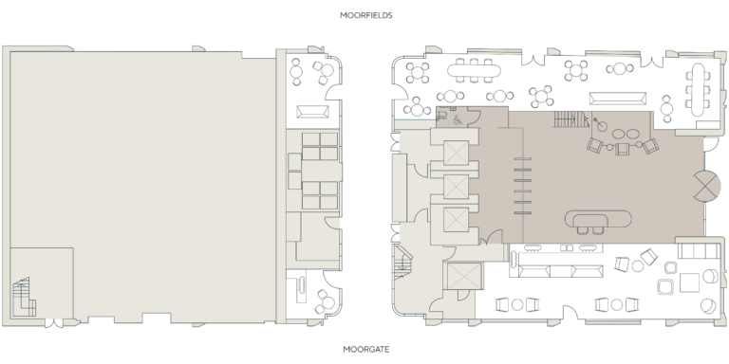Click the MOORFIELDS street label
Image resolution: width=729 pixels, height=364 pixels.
[x=364, y=16]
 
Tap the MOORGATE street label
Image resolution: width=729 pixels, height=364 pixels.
[x=364, y=349]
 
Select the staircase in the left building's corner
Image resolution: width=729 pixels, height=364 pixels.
[x=26, y=296]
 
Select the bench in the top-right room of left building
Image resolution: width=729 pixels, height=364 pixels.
[x=311, y=112]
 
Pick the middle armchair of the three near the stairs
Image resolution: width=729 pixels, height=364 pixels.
[x=623, y=147]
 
